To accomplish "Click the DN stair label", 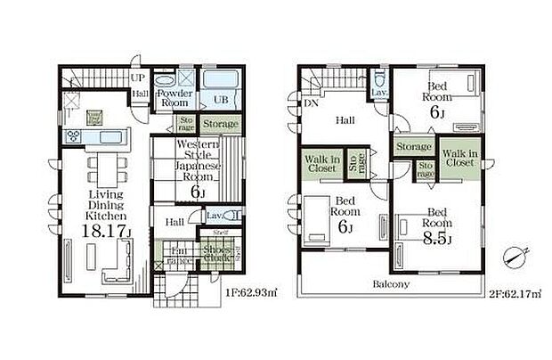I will pyautogui.click(x=310, y=103).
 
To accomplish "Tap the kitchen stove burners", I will pyautogui.click(x=73, y=136).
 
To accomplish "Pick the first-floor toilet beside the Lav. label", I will pyautogui.click(x=233, y=217).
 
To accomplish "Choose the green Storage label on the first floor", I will pyautogui.click(x=219, y=124).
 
